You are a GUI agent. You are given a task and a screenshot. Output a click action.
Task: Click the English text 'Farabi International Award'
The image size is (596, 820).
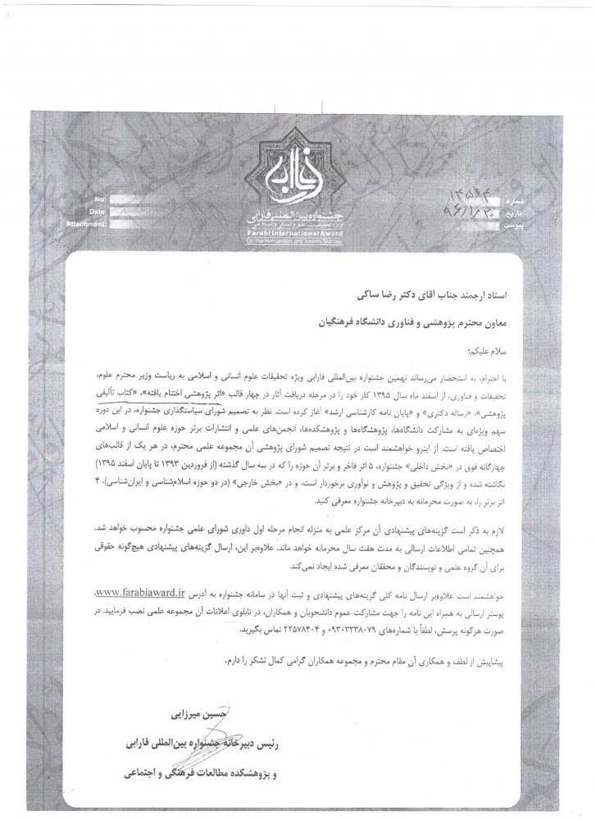tap(298, 233)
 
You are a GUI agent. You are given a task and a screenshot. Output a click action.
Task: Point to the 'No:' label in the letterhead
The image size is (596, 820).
tap(100, 200)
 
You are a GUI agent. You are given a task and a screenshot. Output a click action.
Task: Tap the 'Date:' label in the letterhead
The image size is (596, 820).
tap(98, 212)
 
